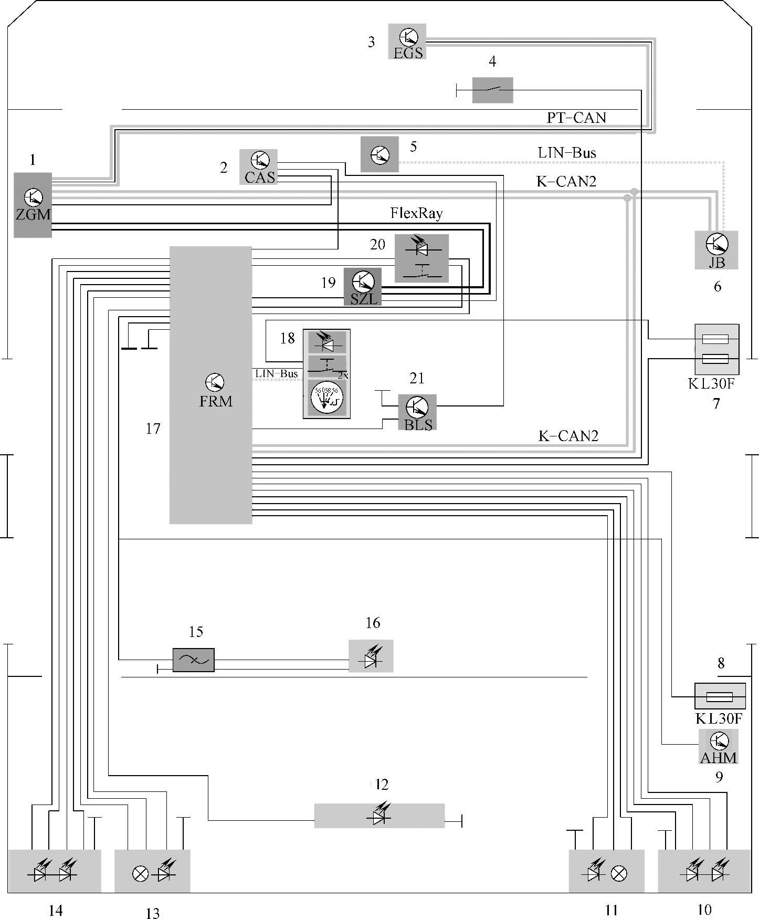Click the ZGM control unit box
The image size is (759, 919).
click(33, 205)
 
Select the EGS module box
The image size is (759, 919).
click(407, 41)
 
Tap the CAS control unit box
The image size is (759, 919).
click(259, 167)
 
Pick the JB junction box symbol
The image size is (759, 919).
click(716, 250)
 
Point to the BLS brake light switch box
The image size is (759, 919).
click(417, 412)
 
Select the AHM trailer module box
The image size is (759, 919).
click(719, 746)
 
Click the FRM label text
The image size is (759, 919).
click(216, 401)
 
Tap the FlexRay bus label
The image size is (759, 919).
click(416, 213)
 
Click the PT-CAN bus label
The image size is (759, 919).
click(576, 118)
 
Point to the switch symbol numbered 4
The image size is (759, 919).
click(492, 90)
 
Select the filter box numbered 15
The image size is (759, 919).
click(194, 660)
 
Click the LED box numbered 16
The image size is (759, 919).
click(371, 656)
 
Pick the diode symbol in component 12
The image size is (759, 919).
click(379, 816)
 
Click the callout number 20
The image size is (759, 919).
click(377, 245)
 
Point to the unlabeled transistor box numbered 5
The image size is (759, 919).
click(379, 154)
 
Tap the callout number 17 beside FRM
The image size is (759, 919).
click(153, 429)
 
